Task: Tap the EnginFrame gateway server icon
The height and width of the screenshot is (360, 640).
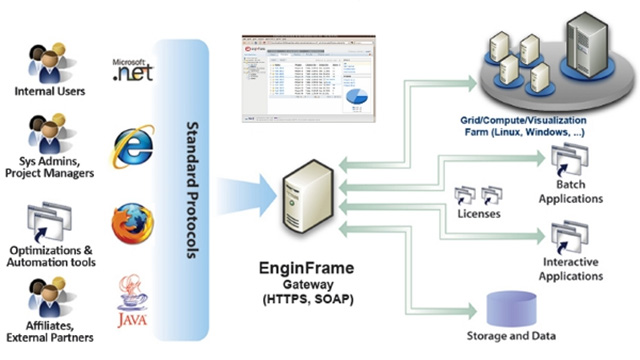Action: click(307, 195)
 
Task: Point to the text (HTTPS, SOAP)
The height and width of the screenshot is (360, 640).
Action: click(308, 300)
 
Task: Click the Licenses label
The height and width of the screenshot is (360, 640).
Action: click(477, 214)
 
